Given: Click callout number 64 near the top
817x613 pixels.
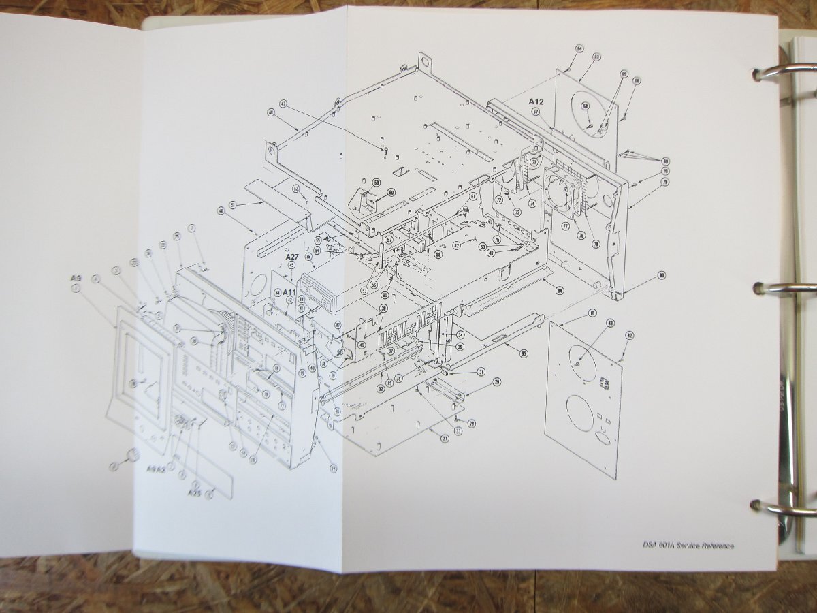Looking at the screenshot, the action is (579, 48).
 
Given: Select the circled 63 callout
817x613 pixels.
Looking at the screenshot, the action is (596, 57).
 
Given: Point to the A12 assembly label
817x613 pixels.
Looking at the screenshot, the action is (537, 101).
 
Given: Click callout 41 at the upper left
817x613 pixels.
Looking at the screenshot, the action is (283, 104).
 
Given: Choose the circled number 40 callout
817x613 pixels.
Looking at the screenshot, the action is (271, 112).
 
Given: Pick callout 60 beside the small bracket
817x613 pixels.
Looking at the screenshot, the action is (391, 192).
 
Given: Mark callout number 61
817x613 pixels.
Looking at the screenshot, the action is (473, 196).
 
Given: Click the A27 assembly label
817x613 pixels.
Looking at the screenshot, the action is (293, 256).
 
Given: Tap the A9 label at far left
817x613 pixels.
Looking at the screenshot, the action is (76, 278).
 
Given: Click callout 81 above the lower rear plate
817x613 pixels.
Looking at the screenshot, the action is (593, 313).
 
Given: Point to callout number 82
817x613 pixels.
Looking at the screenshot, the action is (630, 335).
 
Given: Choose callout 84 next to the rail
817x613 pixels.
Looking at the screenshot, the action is (559, 291).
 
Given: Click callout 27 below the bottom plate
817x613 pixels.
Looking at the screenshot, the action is (444, 439).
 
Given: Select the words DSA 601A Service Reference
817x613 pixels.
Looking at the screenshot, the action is (688, 546).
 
